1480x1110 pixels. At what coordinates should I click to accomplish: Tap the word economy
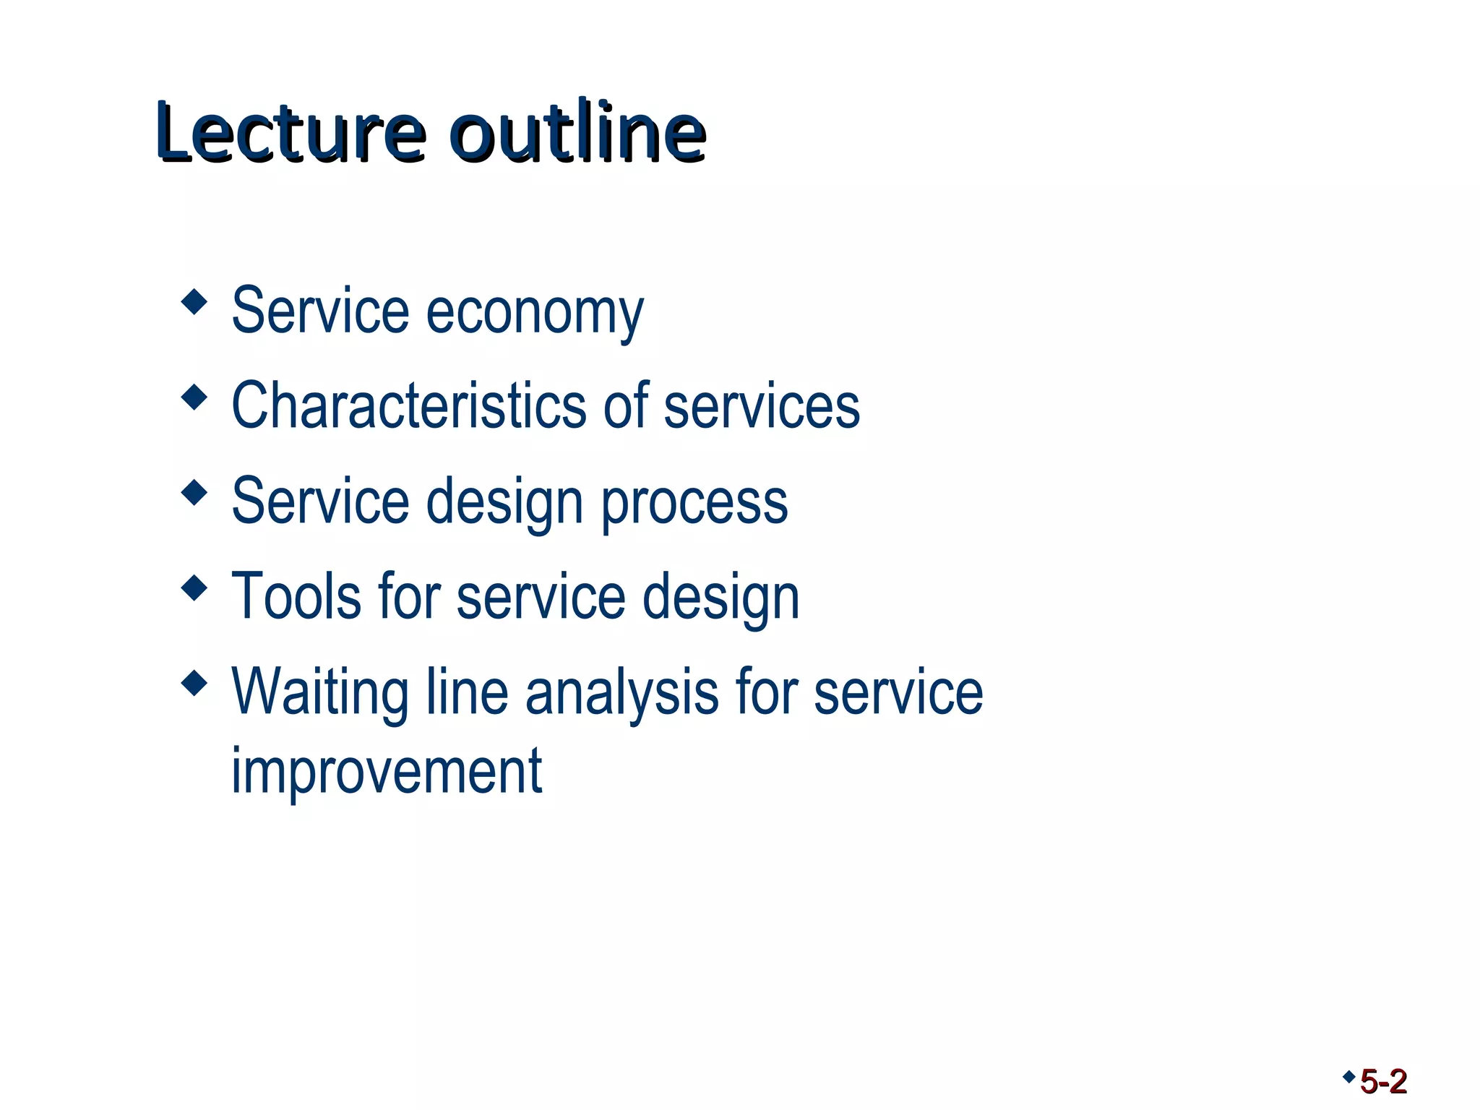(535, 313)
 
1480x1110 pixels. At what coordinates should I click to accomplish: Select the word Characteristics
(409, 406)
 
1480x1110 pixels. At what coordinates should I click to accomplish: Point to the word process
(694, 504)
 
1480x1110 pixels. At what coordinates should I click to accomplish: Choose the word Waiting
(320, 692)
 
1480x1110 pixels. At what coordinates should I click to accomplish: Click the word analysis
(621, 692)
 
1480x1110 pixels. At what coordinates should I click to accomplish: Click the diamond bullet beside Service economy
(194, 301)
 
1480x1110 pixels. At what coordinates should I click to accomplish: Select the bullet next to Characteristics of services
(194, 397)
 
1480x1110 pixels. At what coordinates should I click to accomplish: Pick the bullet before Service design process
(194, 492)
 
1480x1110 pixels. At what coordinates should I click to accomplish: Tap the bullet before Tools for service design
(194, 588)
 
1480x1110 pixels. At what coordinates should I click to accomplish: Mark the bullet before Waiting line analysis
(194, 683)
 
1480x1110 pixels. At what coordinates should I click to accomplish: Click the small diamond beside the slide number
(1348, 1077)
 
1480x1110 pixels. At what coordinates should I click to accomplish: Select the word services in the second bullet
(762, 406)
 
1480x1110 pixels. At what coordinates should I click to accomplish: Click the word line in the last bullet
(467, 692)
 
